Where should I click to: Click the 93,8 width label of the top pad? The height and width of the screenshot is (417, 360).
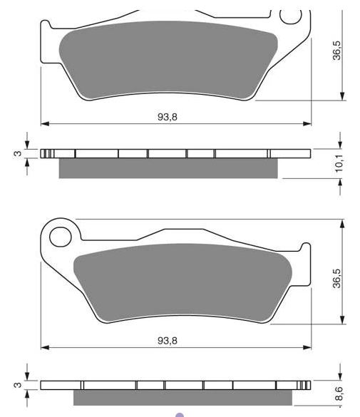(x=168, y=117)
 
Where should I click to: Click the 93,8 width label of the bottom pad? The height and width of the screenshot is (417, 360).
(x=168, y=341)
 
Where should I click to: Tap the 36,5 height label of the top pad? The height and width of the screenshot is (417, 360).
(x=336, y=51)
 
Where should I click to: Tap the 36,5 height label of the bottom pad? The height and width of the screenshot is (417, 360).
(x=336, y=279)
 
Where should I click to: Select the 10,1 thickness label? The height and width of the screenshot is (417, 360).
(x=339, y=163)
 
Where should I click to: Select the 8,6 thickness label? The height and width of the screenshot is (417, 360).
(x=339, y=393)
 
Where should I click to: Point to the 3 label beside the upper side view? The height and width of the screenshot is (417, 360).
(x=18, y=153)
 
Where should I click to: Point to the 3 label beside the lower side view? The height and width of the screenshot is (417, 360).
(x=18, y=385)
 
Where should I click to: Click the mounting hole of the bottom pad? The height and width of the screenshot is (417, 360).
(x=61, y=237)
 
